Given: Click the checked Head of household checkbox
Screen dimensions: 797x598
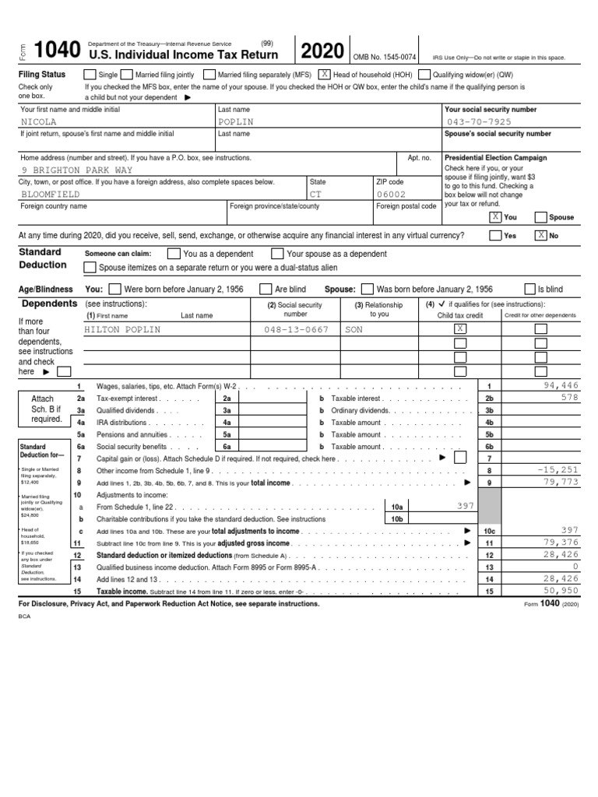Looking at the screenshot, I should (323, 75).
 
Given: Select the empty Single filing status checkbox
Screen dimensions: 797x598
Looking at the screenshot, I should (91, 75).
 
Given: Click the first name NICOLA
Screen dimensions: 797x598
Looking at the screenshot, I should (39, 122).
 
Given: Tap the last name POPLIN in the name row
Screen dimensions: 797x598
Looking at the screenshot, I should (236, 122).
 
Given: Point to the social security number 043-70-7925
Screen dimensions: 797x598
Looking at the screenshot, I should (479, 122).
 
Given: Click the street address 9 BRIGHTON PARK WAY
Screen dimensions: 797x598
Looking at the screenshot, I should (77, 170).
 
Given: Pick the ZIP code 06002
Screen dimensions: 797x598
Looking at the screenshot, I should (392, 194).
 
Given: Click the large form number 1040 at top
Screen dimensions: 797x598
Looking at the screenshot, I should (57, 51).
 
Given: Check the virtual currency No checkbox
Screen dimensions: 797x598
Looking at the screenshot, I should (540, 235).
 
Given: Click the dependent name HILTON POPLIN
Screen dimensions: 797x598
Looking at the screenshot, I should (122, 329).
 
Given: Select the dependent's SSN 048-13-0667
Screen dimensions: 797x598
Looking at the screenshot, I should (296, 329).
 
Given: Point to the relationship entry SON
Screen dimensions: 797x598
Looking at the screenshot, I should (354, 329).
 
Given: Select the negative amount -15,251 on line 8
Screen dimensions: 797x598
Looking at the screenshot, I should (558, 470).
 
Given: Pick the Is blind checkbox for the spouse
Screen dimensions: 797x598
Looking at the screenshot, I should (531, 289).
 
